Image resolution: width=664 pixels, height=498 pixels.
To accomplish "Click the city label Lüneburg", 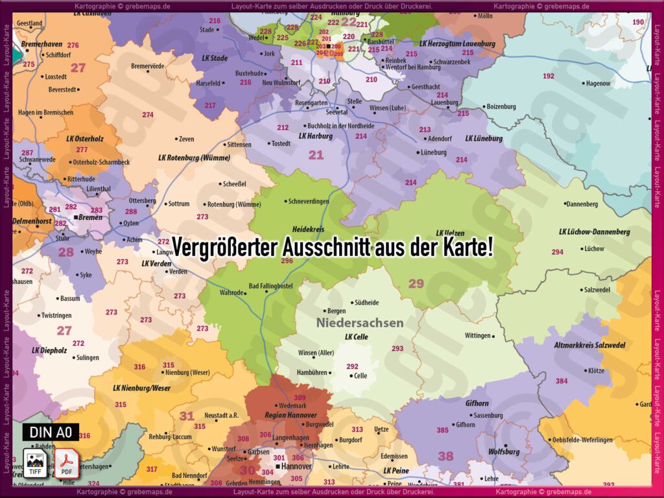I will pyautogui.click(x=434, y=152).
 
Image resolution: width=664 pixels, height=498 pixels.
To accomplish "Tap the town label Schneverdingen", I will pyautogui.click(x=309, y=202).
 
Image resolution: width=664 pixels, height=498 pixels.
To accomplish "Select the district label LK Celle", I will pyautogui.click(x=357, y=337).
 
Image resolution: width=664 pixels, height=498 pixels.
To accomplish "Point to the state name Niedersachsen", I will pyautogui.click(x=360, y=322).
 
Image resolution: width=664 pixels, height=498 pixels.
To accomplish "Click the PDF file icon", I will pyautogui.click(x=66, y=463).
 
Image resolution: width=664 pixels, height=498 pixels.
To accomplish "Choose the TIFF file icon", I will pyautogui.click(x=34, y=463).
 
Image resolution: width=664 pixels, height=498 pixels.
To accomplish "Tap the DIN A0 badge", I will pyautogui.click(x=51, y=432).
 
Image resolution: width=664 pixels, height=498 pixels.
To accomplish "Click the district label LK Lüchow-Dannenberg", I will pyautogui.click(x=594, y=231).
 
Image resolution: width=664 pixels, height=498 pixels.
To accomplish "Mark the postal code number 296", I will pyautogui.click(x=287, y=261).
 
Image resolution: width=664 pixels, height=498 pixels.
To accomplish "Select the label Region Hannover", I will pyautogui.click(x=290, y=415).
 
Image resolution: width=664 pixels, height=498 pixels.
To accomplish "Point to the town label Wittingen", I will pyautogui.click(x=477, y=336).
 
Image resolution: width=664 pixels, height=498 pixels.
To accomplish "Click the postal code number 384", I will pyautogui.click(x=561, y=381).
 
